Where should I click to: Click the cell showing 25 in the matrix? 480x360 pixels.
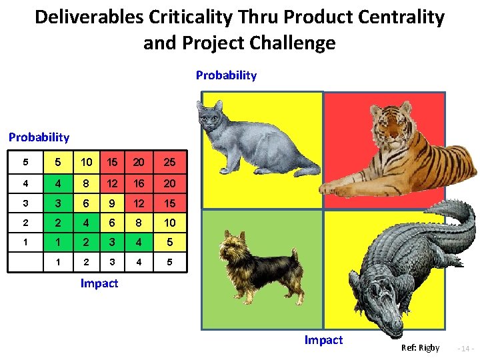tap(169, 162)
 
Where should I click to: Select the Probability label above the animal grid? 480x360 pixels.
tap(226, 75)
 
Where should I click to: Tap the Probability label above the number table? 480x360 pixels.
tap(39, 137)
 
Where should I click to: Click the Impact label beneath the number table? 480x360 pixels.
tap(99, 283)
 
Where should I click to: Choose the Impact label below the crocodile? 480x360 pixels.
tap(323, 340)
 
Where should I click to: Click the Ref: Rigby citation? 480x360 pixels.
tap(420, 348)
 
